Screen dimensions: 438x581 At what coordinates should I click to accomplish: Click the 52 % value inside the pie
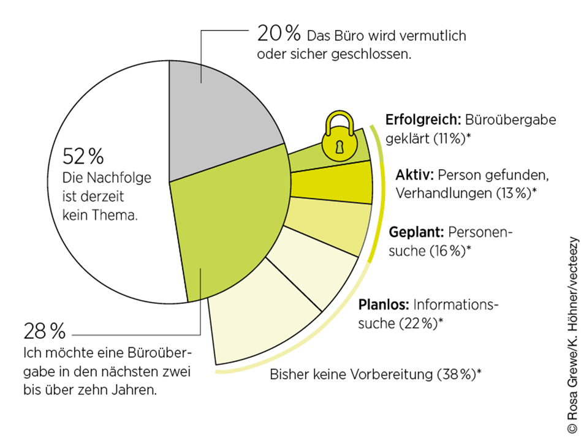pos(83,157)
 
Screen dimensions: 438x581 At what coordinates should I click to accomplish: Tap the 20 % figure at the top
pos(278,34)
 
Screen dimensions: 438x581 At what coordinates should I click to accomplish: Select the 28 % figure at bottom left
pos(44,333)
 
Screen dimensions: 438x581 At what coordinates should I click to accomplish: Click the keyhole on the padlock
pos(339,147)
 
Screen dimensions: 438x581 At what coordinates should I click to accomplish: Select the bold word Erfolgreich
pos(423,119)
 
